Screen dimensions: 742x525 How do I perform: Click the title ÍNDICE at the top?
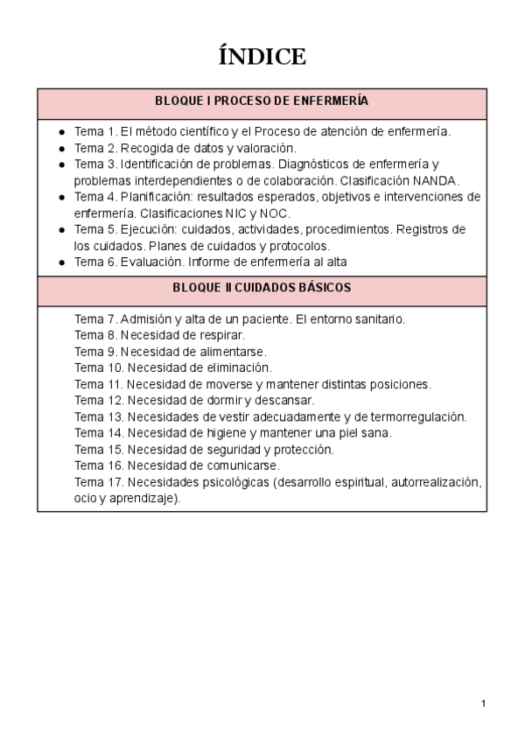pos(262,57)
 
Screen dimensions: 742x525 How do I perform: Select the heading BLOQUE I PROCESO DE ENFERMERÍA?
pos(262,101)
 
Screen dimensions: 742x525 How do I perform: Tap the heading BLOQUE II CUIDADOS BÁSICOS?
pos(262,288)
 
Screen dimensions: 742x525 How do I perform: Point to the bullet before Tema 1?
pos(61,132)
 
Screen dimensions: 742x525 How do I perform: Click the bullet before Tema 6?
pos(61,262)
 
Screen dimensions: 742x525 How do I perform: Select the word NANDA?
pos(436,180)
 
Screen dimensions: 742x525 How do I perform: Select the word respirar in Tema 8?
pos(218,335)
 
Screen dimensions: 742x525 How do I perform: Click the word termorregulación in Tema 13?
pos(416,416)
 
